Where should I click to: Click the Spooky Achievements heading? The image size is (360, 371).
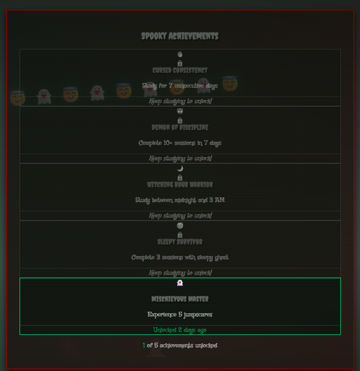pos(180,36)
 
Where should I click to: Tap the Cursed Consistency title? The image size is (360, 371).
pos(180,70)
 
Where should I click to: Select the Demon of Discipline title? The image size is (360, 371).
pos(180,127)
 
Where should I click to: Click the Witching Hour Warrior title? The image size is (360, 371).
pos(180,184)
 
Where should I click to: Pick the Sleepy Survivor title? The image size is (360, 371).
pos(180,242)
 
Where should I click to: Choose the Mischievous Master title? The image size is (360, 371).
pos(180,299)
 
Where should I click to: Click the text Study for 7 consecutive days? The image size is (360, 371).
pos(180,86)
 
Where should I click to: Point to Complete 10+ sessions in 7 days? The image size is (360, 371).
pos(180,143)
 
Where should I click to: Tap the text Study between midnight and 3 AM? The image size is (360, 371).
pos(180,200)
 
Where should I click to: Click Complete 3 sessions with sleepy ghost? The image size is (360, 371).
pos(180,257)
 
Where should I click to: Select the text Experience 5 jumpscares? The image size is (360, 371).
pos(180,314)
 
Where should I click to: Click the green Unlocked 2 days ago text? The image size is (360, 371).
pos(180,330)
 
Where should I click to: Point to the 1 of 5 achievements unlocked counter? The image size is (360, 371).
pos(180,345)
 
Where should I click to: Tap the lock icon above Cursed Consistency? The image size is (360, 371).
pos(180,63)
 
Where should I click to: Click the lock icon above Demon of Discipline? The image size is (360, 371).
pos(180,121)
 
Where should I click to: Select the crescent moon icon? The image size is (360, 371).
pos(180,168)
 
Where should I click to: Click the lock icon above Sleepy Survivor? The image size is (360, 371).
pos(180,235)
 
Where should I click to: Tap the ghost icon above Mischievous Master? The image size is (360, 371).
pos(180,283)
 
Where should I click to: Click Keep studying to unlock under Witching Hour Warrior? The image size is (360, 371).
pos(180,215)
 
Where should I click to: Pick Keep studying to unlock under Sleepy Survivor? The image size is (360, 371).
pos(180,273)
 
